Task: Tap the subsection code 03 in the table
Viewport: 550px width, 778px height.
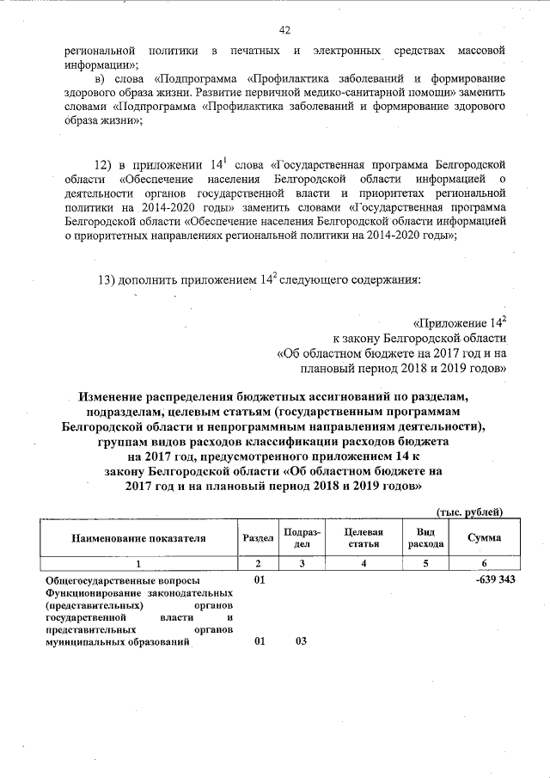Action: (301, 641)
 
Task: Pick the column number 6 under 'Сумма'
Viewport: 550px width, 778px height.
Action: (484, 563)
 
